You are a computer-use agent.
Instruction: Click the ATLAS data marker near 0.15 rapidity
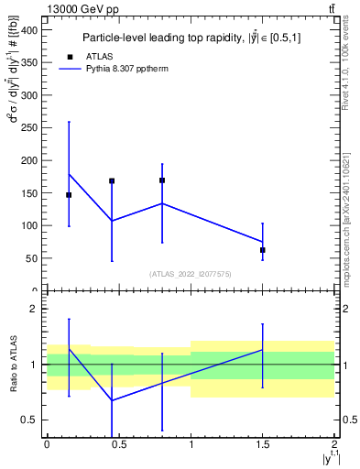(69, 195)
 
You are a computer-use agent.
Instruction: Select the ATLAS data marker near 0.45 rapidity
(112, 181)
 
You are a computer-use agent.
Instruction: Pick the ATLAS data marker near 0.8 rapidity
(162, 180)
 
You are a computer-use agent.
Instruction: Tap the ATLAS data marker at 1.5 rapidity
(263, 250)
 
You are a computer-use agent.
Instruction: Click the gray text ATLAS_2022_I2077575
(191, 274)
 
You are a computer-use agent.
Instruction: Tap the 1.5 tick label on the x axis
(263, 444)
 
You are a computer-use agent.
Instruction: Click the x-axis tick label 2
(334, 444)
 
